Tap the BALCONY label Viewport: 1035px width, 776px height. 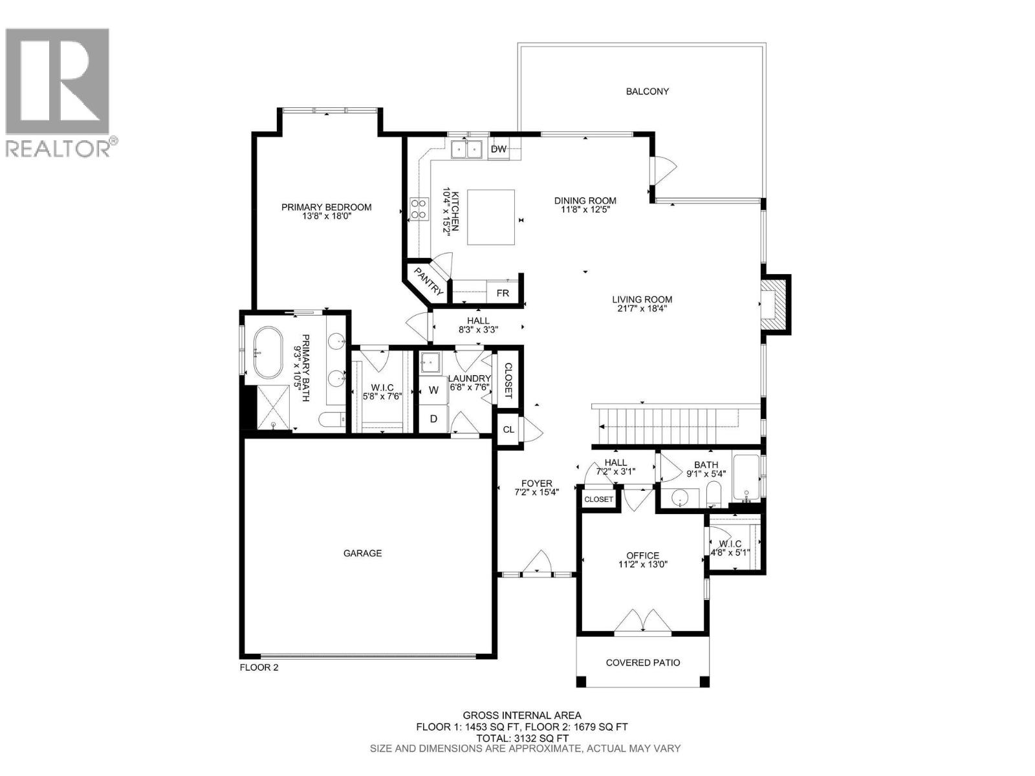(647, 91)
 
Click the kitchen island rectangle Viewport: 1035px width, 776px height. (491, 217)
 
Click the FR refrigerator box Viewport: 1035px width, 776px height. (503, 293)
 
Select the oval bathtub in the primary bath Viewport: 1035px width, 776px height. (268, 354)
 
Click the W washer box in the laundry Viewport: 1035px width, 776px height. (433, 391)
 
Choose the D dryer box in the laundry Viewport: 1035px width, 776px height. (433, 419)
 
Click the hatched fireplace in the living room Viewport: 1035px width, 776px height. (774, 304)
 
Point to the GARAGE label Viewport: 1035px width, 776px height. (362, 553)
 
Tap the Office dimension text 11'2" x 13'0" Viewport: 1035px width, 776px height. (642, 564)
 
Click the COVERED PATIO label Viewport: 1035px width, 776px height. (643, 662)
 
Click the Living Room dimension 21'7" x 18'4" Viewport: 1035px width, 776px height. (642, 308)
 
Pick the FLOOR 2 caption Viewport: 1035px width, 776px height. (259, 667)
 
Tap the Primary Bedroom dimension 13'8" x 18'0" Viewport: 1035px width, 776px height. (326, 216)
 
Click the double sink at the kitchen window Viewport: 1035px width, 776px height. (466, 149)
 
